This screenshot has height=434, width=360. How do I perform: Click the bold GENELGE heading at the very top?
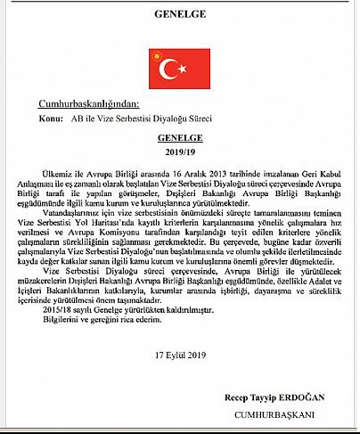(x=179, y=16)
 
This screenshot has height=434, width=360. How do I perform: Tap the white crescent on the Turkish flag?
(x=162, y=67)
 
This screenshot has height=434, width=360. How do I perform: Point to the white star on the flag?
(x=176, y=67)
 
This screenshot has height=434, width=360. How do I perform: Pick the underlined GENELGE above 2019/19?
(x=180, y=138)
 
